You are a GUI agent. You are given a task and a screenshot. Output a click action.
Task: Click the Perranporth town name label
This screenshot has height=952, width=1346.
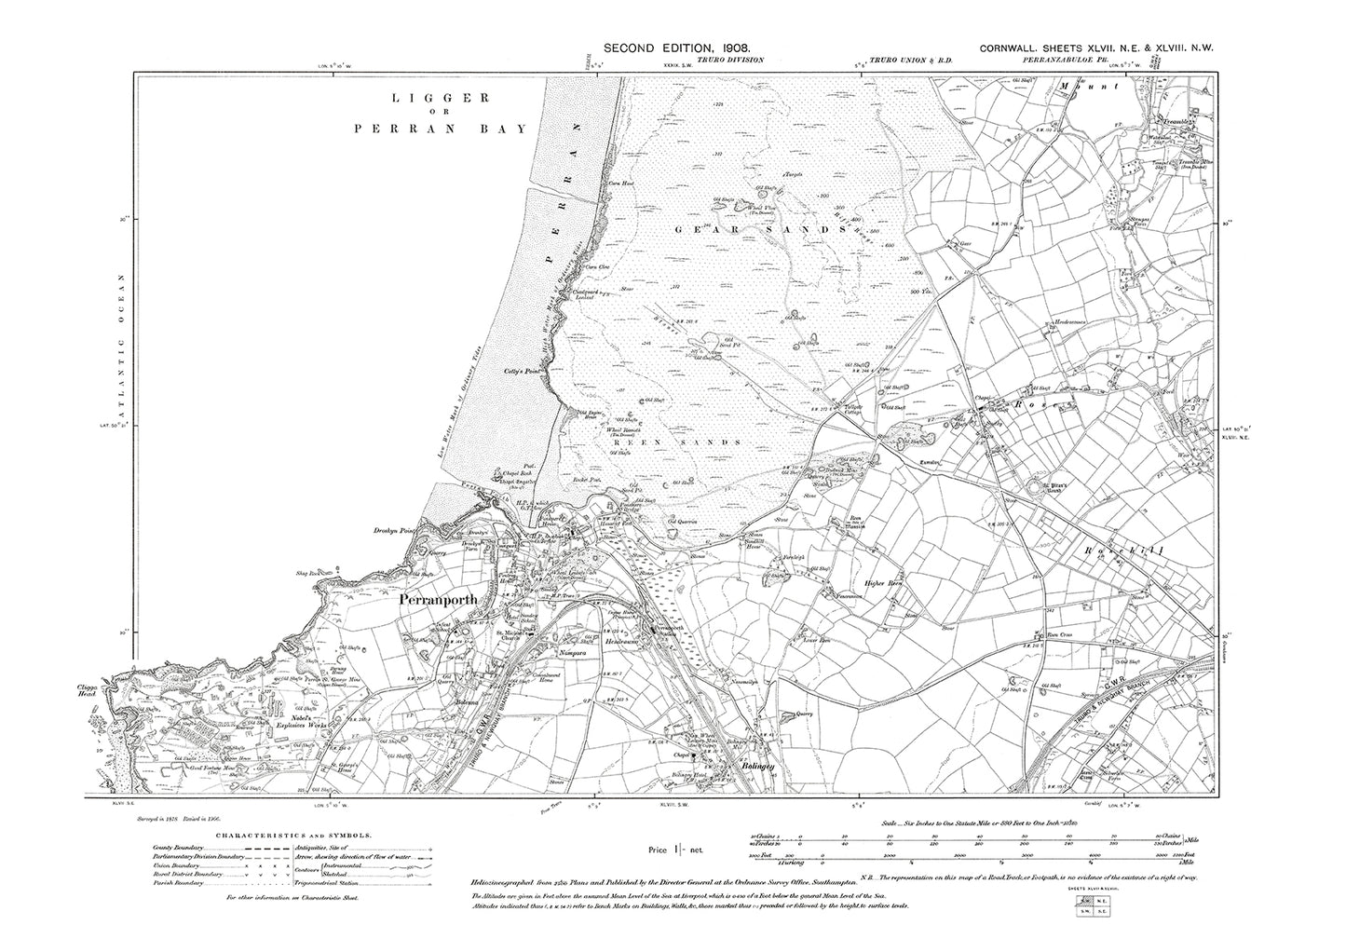[438, 601]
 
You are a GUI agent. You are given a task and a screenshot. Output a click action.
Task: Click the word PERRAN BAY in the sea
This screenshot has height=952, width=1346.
[440, 129]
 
